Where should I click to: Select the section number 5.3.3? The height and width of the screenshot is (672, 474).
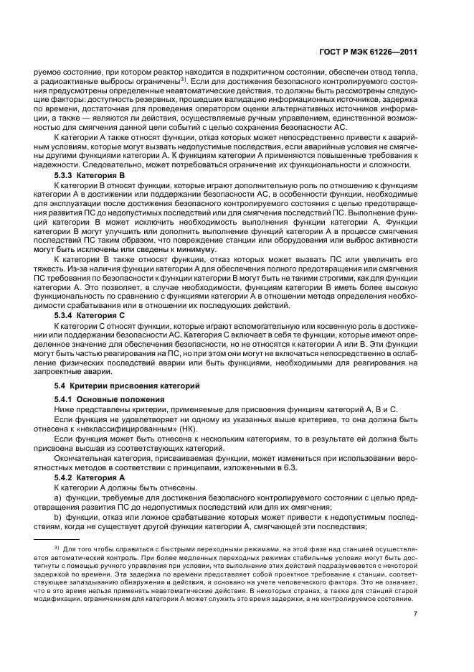[65, 174]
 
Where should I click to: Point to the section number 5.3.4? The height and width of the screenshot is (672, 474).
[65, 314]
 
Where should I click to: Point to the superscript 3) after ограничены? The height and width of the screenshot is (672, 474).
[184, 80]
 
